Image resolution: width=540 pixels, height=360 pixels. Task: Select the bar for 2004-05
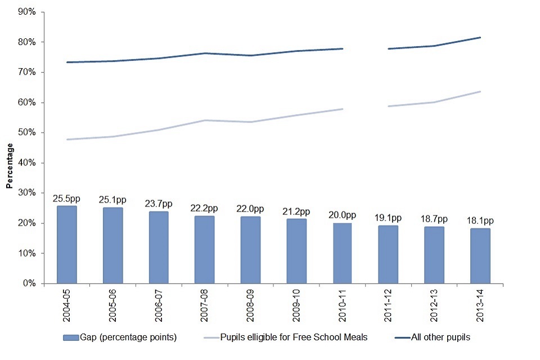coord(67,245)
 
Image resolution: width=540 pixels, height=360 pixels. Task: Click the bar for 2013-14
coord(480,256)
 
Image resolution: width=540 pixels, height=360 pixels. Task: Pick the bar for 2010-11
coord(342,253)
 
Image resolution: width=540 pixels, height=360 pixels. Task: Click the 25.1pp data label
coord(112,200)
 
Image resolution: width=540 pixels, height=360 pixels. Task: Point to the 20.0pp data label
coord(342,215)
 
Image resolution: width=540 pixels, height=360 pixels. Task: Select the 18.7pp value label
coord(434,219)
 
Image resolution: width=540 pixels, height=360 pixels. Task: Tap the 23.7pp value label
coord(159,204)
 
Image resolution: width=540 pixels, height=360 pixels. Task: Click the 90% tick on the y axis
coord(27,12)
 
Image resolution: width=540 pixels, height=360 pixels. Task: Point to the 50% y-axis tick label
coord(27,133)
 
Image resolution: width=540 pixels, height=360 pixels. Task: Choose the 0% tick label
coord(29,283)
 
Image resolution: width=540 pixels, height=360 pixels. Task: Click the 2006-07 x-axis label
coord(159,306)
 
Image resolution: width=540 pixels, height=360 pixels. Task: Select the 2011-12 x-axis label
coord(388,306)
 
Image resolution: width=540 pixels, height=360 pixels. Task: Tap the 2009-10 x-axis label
coord(296,306)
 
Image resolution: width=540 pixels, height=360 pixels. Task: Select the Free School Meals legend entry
coord(306,337)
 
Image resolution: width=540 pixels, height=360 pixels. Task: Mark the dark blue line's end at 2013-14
coord(480,38)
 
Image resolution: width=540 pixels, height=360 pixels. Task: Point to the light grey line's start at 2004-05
coord(67,139)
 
